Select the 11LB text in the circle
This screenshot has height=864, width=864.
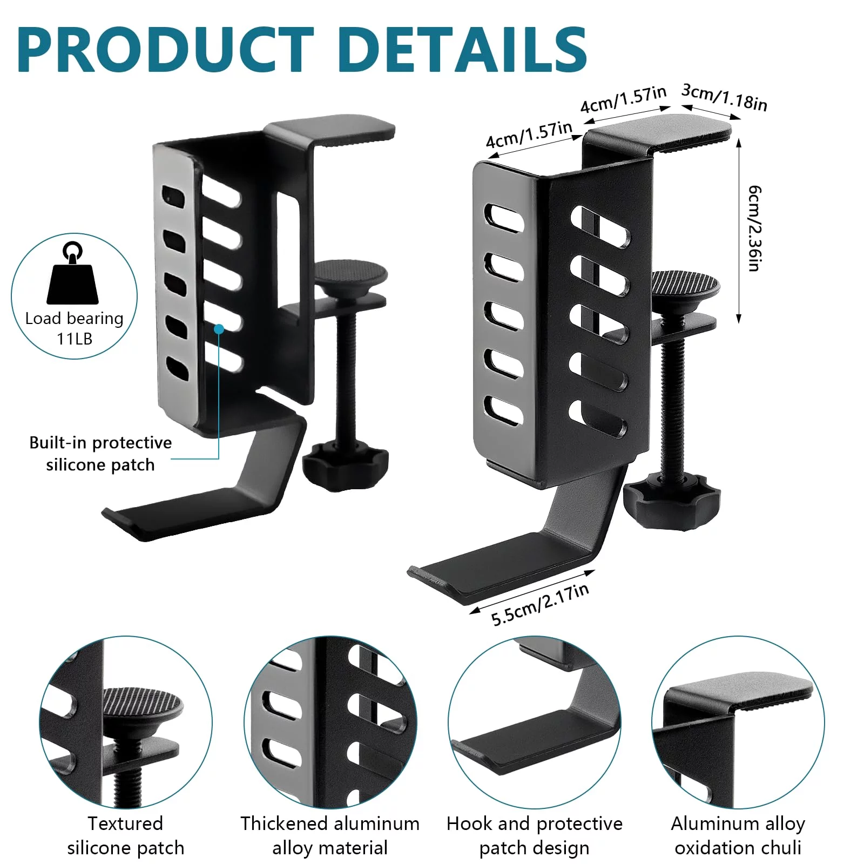click(x=75, y=339)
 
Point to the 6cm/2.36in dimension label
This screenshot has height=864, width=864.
click(x=755, y=228)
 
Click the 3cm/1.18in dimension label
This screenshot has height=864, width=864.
click(x=724, y=97)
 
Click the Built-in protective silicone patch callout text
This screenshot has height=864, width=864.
click(x=100, y=454)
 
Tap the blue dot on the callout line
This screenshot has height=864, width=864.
click(x=219, y=328)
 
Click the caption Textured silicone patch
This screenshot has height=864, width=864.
click(x=125, y=835)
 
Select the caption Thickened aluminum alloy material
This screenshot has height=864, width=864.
click(x=330, y=835)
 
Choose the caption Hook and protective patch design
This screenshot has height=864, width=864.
click(x=534, y=835)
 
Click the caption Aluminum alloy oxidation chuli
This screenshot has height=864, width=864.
click(x=738, y=835)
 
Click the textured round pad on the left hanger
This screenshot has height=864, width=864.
click(x=351, y=271)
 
